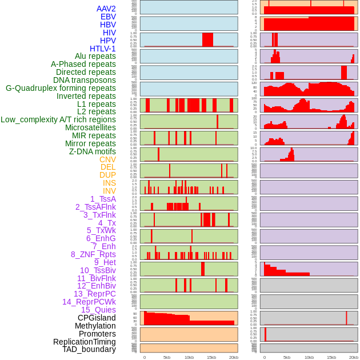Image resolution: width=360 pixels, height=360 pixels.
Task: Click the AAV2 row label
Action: [x=106, y=9]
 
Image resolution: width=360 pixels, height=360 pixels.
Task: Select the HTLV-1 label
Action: [x=102, y=49]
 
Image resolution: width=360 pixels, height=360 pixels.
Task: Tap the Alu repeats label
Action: [x=95, y=56]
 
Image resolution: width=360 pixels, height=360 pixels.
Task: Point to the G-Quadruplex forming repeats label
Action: [x=61, y=88]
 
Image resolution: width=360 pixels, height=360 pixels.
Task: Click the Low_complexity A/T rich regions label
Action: [x=58, y=119]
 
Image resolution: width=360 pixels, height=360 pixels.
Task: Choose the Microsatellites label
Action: [x=90, y=127]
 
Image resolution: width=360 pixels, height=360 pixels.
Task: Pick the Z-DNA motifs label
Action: [x=92, y=151]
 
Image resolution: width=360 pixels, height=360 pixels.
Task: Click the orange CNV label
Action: [x=107, y=159]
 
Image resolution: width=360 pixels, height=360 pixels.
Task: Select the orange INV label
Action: [x=109, y=191]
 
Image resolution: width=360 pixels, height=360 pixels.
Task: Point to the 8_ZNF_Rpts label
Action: [x=93, y=254]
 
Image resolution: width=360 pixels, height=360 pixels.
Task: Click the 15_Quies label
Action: [x=98, y=310]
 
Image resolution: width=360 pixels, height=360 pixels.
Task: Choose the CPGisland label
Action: [x=97, y=318]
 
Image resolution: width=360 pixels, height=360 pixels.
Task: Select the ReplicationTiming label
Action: [x=84, y=342]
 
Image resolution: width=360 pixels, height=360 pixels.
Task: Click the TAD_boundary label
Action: [x=89, y=349]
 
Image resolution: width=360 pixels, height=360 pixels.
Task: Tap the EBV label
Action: [x=108, y=17]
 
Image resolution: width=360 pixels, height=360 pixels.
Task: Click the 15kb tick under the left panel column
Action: [x=211, y=357]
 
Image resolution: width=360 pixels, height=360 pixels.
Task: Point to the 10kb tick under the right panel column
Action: [x=309, y=357]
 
